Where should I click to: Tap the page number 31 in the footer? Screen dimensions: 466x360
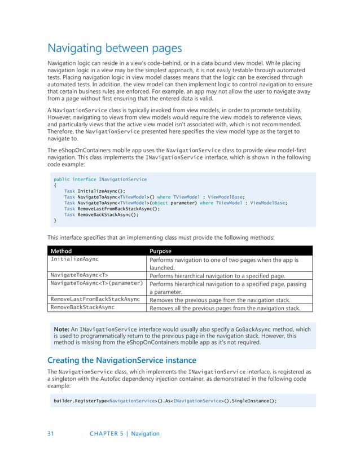(50, 434)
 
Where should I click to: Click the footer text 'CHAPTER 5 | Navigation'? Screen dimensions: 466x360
(124, 434)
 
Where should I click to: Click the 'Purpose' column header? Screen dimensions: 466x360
(161, 250)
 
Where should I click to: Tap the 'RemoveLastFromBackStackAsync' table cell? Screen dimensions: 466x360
(95, 299)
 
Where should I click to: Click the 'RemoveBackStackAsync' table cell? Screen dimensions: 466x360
(82, 307)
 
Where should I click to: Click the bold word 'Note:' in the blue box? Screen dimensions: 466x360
(61, 329)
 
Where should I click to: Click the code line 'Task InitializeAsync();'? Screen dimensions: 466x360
(94, 191)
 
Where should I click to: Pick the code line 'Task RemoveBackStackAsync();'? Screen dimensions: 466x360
(101, 215)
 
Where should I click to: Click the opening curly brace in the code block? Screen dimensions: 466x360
(55, 185)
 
